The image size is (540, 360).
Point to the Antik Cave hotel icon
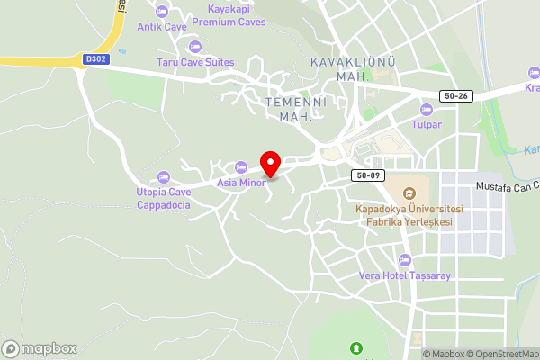162,11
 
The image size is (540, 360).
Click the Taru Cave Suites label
194,62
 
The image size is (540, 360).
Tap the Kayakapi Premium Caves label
229,15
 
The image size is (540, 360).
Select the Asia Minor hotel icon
240,166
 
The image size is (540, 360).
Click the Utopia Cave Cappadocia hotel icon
163,176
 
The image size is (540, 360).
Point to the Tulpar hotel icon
427,109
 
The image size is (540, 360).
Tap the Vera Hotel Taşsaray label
404,275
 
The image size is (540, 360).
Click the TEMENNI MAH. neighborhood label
294,110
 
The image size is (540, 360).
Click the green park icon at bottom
355,348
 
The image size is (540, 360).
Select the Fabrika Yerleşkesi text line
404,221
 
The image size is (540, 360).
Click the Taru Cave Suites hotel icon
194,46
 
